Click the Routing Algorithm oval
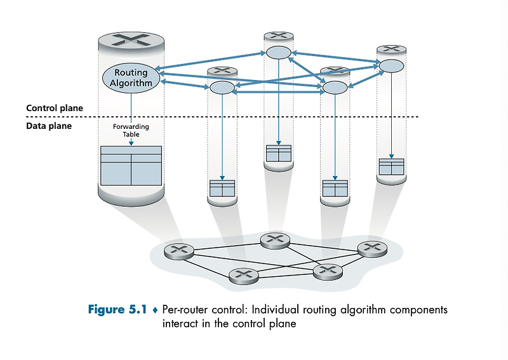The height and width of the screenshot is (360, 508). point(131,77)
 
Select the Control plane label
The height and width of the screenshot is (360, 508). point(54,108)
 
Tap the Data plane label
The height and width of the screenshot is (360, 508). point(49,126)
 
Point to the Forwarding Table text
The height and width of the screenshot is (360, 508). point(131,130)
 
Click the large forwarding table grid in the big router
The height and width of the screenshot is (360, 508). point(131,165)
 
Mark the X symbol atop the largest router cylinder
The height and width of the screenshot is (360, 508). point(131,40)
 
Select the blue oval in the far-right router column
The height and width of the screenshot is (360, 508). point(391,65)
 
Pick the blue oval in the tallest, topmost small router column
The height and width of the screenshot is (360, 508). point(279,52)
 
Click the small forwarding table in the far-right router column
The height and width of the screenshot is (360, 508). point(391,166)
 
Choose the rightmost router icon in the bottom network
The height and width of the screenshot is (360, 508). point(372,249)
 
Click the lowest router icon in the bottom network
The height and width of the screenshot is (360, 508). point(243,276)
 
